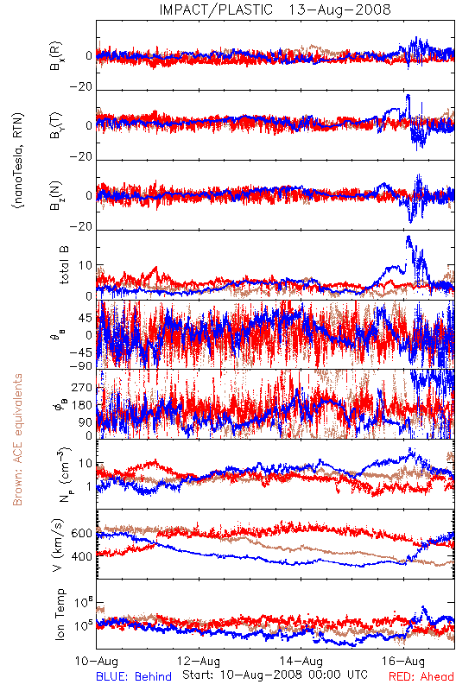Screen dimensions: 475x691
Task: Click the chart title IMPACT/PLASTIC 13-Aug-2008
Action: (x=275, y=10)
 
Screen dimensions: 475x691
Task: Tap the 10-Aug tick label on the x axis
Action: (x=97, y=662)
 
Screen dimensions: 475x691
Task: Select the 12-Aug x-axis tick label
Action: (x=199, y=662)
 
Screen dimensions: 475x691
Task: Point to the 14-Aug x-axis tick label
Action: (x=301, y=662)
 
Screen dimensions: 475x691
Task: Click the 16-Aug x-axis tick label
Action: (x=403, y=662)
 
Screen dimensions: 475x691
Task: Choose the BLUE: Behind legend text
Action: (x=134, y=677)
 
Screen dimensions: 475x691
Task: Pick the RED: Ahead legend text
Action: (x=421, y=677)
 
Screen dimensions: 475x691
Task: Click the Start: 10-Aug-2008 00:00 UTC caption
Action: (x=275, y=675)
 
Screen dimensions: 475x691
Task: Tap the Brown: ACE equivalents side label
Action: (x=17, y=440)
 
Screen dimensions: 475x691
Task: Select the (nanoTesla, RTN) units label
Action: (x=18, y=160)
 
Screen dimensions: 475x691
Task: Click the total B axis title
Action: (x=63, y=265)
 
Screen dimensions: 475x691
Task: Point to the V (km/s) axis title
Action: (x=58, y=545)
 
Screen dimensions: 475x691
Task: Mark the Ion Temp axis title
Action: (x=60, y=614)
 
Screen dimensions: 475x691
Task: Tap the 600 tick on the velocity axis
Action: (x=81, y=533)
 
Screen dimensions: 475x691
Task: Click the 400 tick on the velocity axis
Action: (x=81, y=556)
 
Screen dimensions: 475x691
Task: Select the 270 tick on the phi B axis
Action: (x=82, y=388)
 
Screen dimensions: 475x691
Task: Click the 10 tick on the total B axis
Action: (x=85, y=266)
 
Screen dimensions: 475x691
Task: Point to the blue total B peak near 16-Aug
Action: (x=408, y=237)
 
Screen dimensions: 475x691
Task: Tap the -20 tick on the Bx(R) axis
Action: (x=80, y=87)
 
